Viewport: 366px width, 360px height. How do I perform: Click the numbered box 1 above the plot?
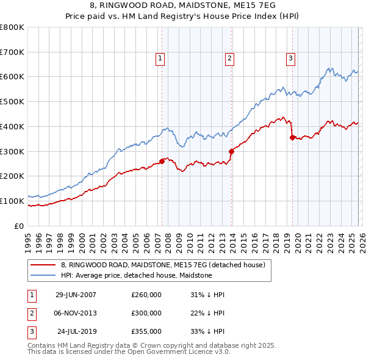(160, 59)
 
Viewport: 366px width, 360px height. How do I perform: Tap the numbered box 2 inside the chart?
(229, 59)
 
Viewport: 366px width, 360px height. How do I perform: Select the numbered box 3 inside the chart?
(290, 59)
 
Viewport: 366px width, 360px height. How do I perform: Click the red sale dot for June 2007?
(162, 161)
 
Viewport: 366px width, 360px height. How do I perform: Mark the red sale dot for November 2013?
(231, 151)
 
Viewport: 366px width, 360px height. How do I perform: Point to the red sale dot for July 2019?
(293, 138)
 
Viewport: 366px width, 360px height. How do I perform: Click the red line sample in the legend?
(43, 265)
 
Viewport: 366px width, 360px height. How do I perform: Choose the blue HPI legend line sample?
(43, 275)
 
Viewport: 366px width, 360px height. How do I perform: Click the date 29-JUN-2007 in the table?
(76, 295)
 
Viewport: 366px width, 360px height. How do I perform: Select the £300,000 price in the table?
(146, 313)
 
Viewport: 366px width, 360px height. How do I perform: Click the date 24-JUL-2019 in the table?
(76, 331)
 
